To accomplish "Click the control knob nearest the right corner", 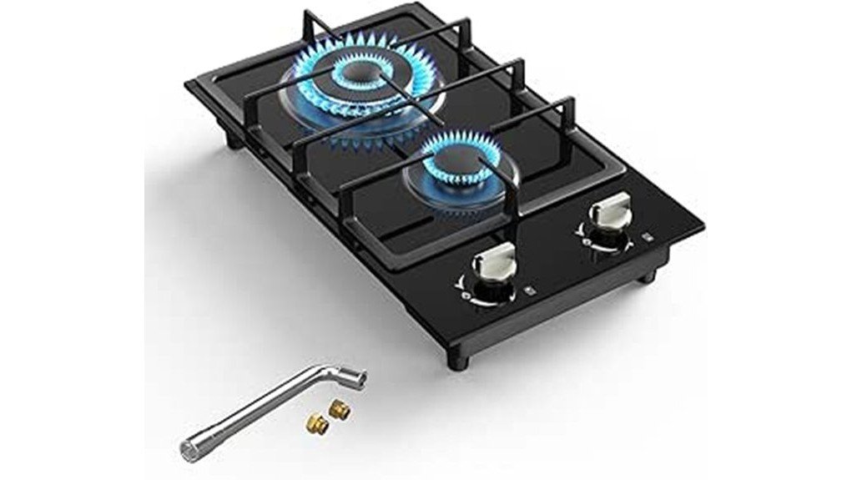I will pyautogui.click(x=608, y=211).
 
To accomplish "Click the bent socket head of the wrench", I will pyautogui.click(x=350, y=381).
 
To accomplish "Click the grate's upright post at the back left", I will pyautogui.click(x=310, y=21).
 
